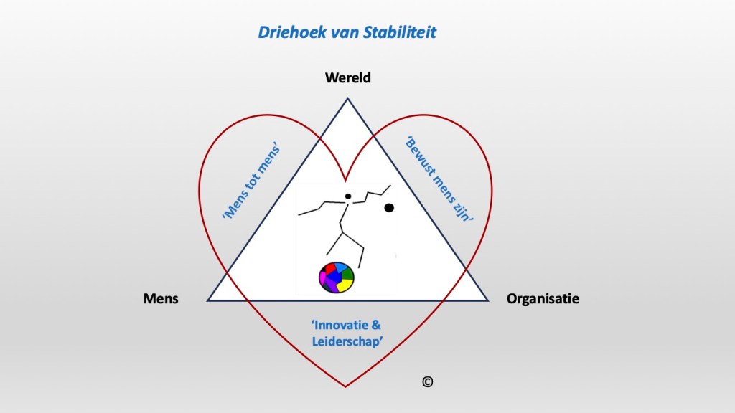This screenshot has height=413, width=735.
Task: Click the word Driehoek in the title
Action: (282, 32)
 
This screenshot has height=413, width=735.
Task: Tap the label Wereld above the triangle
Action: (348, 77)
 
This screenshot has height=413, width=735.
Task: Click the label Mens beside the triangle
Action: (161, 299)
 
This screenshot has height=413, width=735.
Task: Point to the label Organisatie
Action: (543, 299)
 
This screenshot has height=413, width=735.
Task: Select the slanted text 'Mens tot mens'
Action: (251, 183)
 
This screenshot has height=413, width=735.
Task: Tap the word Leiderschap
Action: (347, 341)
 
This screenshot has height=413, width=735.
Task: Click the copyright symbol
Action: (427, 382)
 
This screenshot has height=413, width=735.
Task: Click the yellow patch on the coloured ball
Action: (345, 285)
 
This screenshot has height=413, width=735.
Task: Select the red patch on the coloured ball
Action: (331, 269)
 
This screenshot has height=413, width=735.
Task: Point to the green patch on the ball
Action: (348, 273)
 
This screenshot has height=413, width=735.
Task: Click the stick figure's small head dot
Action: (347, 196)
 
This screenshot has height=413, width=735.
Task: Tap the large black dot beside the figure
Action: (389, 208)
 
